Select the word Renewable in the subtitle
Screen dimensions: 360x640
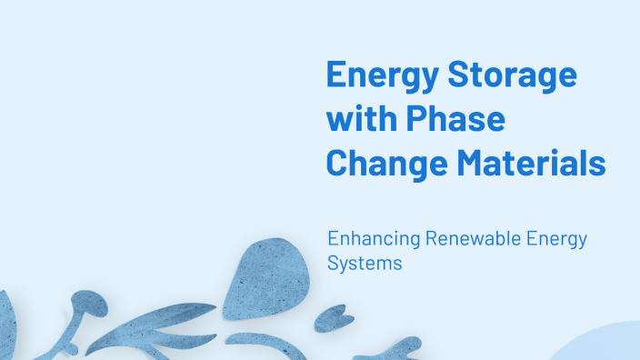466,240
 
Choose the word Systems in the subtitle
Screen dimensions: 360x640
364,264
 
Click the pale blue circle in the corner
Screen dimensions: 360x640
605,345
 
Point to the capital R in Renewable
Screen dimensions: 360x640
427,240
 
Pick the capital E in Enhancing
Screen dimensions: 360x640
334,240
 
